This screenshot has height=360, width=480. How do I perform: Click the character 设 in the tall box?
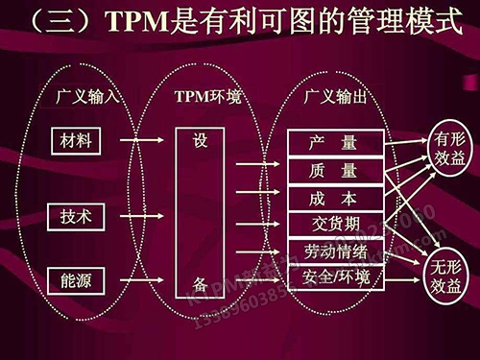coord(200,140)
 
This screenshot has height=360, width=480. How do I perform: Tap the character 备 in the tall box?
coord(200,285)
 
